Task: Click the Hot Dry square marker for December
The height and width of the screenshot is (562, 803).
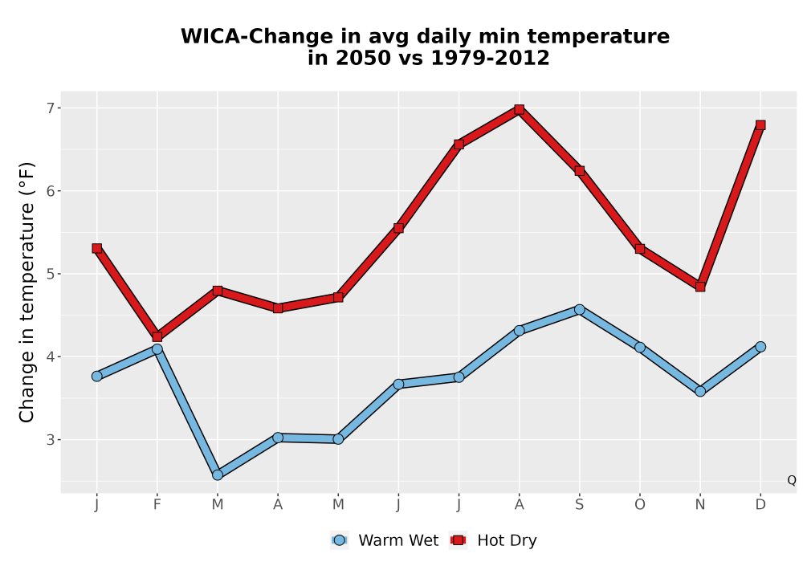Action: [760, 125]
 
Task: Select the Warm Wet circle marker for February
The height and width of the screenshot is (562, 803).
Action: [157, 349]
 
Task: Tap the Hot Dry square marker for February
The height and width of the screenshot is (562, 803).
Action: [157, 336]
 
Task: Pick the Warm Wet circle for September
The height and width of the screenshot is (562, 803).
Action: [580, 310]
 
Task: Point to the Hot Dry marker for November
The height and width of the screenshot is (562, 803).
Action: [700, 287]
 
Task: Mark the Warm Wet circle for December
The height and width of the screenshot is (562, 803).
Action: [760, 347]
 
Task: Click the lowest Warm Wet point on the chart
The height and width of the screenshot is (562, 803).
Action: [218, 475]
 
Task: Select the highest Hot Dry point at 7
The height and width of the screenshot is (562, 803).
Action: [520, 109]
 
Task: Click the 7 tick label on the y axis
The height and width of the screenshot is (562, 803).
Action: [51, 108]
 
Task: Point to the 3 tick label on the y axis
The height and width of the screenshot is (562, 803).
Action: [51, 440]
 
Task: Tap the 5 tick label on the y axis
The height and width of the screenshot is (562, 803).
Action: [51, 274]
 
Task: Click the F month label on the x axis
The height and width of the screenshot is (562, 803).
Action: [157, 505]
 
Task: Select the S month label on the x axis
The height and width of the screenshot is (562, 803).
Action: [580, 505]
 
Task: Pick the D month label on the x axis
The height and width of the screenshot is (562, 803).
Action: [760, 505]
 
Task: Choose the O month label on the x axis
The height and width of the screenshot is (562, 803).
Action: [640, 505]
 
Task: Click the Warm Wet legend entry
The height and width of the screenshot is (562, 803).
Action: [385, 540]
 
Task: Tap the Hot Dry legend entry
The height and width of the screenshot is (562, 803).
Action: [493, 540]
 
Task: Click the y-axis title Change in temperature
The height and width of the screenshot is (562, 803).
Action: [26, 292]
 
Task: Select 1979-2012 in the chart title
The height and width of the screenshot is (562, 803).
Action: [490, 58]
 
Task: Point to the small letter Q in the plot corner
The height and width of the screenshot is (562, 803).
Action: [792, 480]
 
